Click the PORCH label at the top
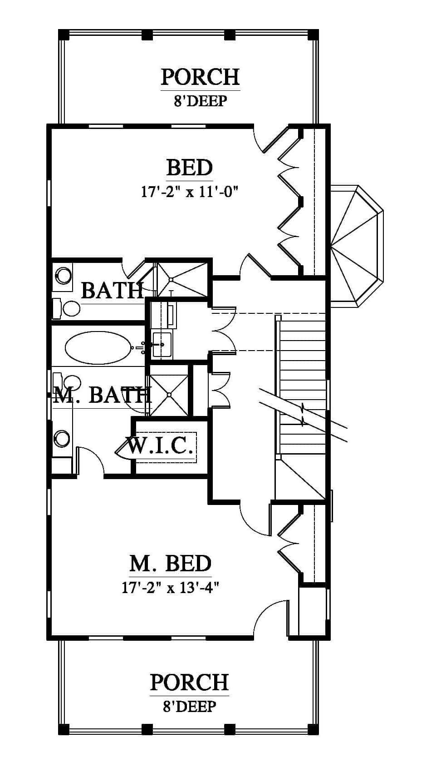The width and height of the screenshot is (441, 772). tap(200, 77)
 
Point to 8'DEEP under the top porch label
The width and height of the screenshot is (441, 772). tap(200, 101)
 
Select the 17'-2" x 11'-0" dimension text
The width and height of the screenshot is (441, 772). tap(190, 191)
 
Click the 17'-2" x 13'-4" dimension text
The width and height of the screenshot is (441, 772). tap(171, 587)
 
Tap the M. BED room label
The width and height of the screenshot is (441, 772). tap(171, 564)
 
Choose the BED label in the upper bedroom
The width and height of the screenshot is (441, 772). tap(190, 168)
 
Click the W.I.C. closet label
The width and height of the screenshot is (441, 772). tap(160, 445)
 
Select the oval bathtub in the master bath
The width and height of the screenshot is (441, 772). tap(98, 347)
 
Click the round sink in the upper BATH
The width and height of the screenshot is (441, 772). tap(64, 275)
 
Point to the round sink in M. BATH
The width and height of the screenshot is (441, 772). tap(62, 439)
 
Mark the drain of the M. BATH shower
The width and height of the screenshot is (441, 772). tap(169, 395)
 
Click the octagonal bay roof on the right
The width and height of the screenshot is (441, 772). tap(357, 247)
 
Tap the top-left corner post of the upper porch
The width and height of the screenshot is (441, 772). tap(64, 35)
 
